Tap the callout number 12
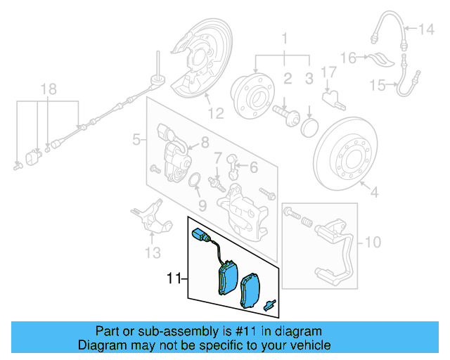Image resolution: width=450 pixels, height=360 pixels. click(x=215, y=112)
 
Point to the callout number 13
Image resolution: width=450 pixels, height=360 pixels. click(x=153, y=252)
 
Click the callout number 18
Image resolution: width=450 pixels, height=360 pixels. click(x=47, y=89)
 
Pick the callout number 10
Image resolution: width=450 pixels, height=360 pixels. click(x=373, y=243)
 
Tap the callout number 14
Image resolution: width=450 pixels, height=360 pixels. click(x=427, y=30)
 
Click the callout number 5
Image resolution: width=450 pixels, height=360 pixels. click(x=136, y=141)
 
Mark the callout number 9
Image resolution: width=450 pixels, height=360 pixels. click(x=202, y=205)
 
